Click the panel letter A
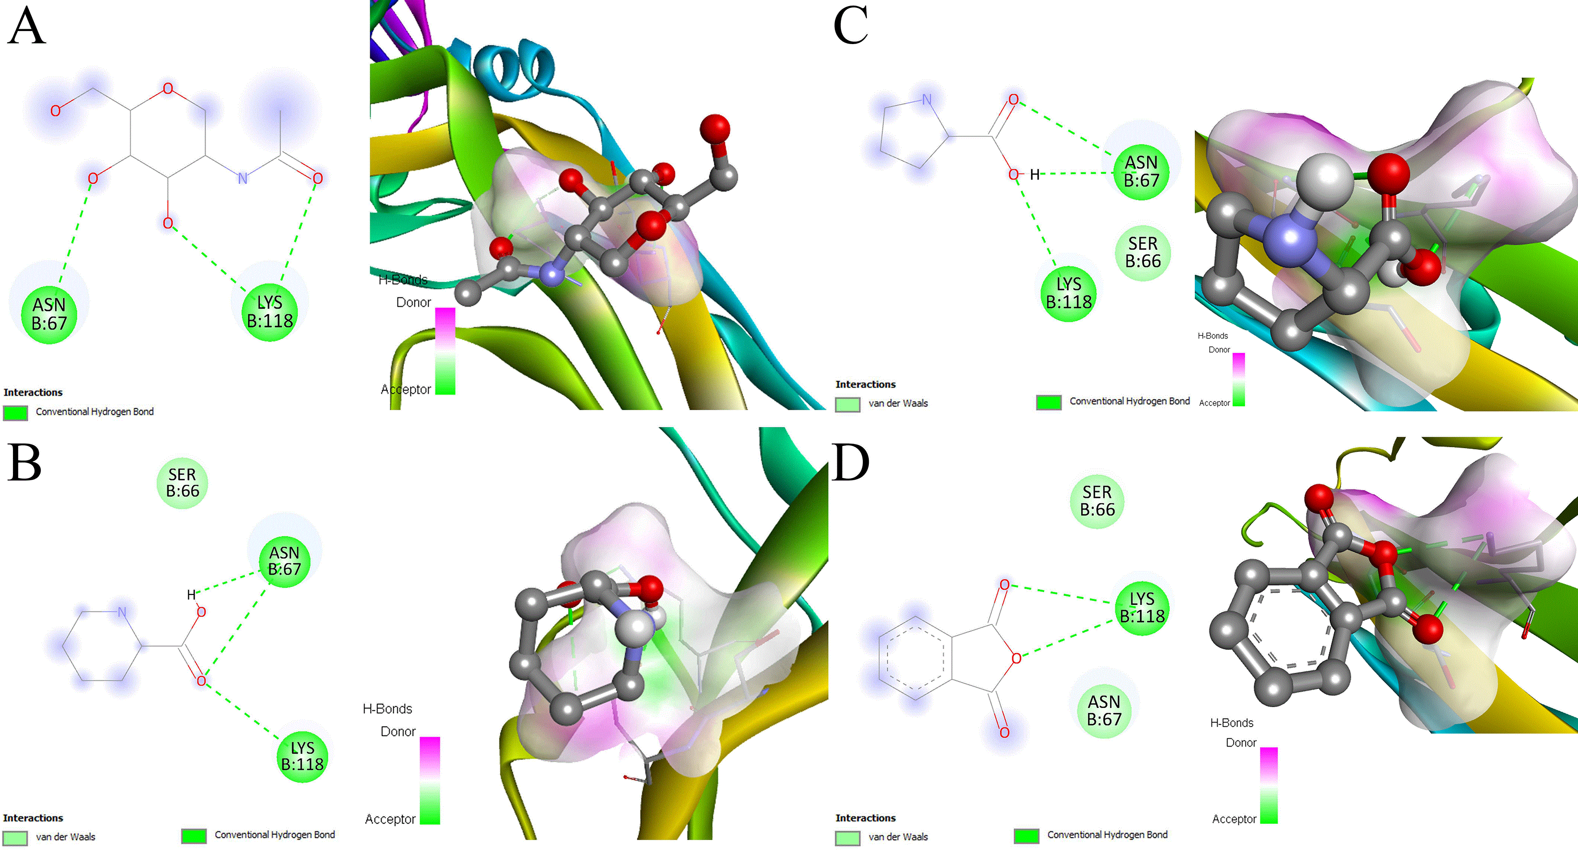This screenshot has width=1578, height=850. coord(26,26)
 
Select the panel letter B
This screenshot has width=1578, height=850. coord(25,462)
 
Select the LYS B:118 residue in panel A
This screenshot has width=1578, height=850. coord(269,312)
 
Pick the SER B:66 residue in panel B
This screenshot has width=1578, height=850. coord(183,483)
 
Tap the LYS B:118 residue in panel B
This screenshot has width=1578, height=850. coord(302,756)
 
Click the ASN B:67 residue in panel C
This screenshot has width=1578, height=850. coord(1141,172)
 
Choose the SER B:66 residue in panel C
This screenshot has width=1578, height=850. coord(1143,252)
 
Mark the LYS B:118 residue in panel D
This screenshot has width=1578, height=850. coord(1142,608)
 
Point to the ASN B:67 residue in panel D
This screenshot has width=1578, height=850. coord(1104,711)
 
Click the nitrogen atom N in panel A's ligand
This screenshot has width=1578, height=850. coord(243,178)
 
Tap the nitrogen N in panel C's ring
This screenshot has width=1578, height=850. coord(927,99)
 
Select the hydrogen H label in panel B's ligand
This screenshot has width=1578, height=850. coord(191,594)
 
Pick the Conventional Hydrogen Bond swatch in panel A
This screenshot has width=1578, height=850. coord(15,412)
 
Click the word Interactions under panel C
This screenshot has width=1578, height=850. coord(866,384)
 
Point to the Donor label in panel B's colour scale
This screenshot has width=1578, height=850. coord(398,731)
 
